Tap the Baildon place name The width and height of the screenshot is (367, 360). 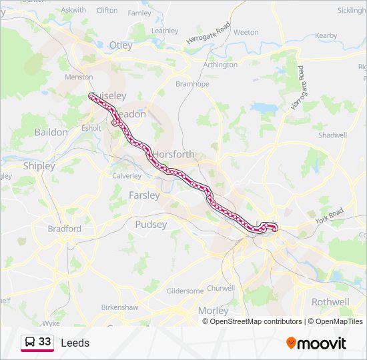click(x=51, y=132)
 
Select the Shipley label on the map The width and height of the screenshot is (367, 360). click(x=39, y=165)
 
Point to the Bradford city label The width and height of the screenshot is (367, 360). click(x=64, y=229)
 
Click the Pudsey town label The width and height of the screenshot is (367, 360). click(x=151, y=225)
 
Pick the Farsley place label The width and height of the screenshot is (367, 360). click(x=144, y=195)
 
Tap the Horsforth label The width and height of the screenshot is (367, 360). click(x=175, y=154)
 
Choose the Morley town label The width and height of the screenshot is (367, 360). click(x=213, y=311)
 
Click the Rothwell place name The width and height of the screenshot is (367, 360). click(x=330, y=301)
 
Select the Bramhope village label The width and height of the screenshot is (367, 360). click(x=192, y=84)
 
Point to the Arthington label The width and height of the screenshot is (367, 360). click(x=220, y=65)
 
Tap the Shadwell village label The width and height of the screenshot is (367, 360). click(x=332, y=135)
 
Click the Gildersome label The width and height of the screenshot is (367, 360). click(x=185, y=291)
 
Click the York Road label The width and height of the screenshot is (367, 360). click(x=329, y=215)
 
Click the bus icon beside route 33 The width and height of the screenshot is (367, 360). click(x=30, y=342)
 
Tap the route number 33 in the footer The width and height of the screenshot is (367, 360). click(x=45, y=341)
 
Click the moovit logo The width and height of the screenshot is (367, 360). click(x=316, y=343)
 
